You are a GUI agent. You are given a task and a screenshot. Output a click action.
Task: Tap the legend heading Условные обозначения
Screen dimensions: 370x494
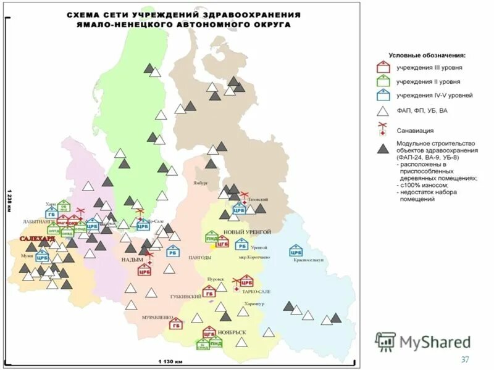coord(427,54)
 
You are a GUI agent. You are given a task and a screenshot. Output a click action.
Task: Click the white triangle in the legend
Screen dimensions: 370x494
coord(383,111)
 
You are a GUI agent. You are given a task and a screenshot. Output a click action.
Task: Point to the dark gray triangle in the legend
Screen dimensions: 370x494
coord(383,149)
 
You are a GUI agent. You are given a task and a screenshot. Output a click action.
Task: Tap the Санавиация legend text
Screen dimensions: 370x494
coord(415,131)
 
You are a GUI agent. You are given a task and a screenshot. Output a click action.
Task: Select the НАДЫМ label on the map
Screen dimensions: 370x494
coord(132,260)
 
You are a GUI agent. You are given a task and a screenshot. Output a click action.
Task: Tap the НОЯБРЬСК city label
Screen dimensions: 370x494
coord(232,332)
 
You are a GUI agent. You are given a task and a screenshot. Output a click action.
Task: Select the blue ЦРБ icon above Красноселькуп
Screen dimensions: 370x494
coord(296,250)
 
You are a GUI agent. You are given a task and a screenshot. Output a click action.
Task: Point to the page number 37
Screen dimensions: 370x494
coord(465,360)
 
